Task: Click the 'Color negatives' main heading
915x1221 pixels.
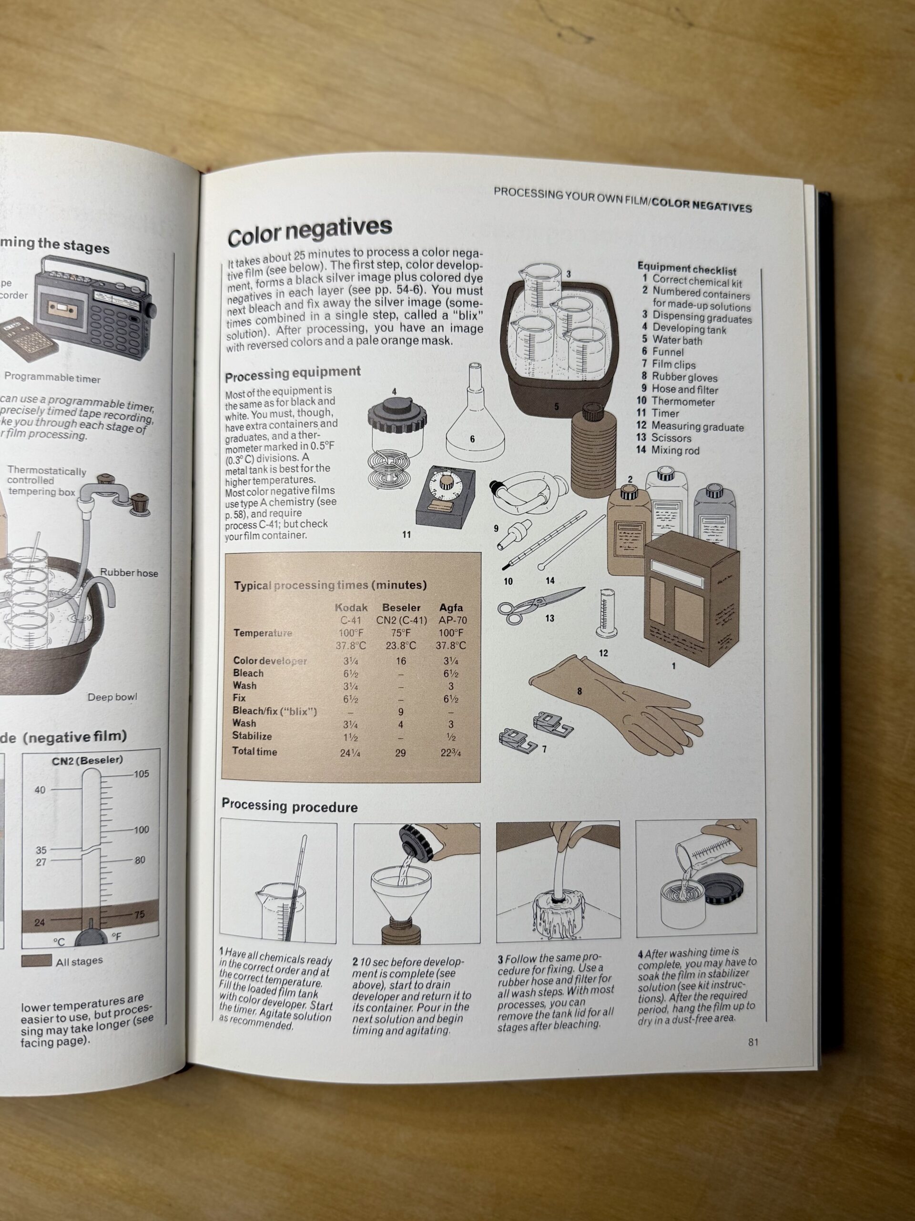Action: (x=309, y=232)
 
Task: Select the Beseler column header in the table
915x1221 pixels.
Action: (x=401, y=607)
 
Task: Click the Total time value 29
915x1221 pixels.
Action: (x=400, y=752)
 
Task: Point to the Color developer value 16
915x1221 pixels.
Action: (x=400, y=661)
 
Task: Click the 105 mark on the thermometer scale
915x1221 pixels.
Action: (x=141, y=774)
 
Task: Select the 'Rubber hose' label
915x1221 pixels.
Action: (x=129, y=573)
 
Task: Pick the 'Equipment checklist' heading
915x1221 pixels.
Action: (x=687, y=270)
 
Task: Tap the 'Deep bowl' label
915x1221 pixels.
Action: (x=112, y=697)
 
